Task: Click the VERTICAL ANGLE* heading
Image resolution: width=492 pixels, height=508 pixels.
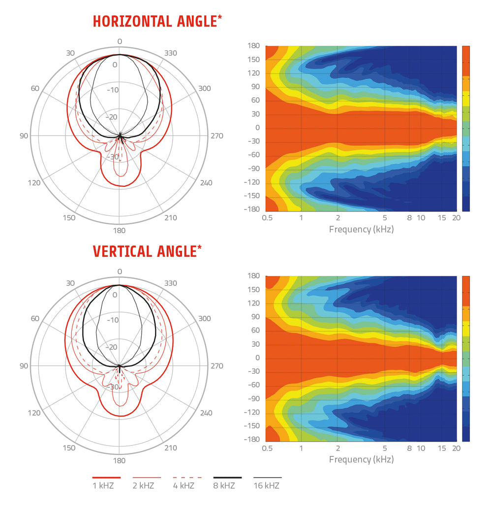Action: (x=147, y=251)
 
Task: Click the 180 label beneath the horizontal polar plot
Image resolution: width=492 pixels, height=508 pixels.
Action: (x=120, y=230)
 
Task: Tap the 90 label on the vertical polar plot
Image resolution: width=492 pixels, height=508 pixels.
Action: (x=24, y=366)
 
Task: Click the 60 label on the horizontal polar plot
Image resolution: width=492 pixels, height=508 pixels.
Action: (x=35, y=89)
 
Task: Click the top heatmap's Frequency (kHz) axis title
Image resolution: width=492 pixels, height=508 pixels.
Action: (x=361, y=229)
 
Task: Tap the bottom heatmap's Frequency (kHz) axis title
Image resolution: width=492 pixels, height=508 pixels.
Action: (x=361, y=459)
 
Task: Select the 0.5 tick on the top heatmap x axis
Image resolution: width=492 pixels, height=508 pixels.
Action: (x=268, y=218)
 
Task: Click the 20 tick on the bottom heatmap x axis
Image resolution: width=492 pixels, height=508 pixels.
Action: (x=456, y=448)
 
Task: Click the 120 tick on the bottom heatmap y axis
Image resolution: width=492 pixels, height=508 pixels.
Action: (x=253, y=303)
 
